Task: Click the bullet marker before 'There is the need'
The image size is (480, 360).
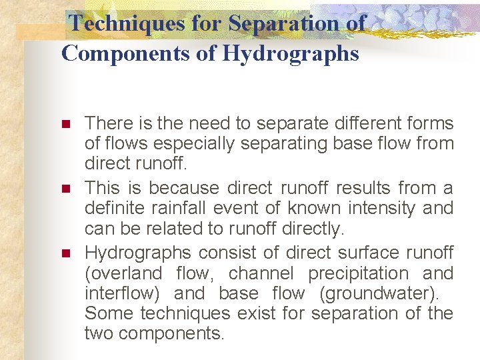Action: pyautogui.click(x=65, y=125)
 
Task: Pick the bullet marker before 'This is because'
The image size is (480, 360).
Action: pyautogui.click(x=65, y=189)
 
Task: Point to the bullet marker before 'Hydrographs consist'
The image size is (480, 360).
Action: pyautogui.click(x=65, y=253)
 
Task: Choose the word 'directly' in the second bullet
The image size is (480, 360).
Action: pyautogui.click(x=315, y=229)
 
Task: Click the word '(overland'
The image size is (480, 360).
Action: pyautogui.click(x=123, y=273)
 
